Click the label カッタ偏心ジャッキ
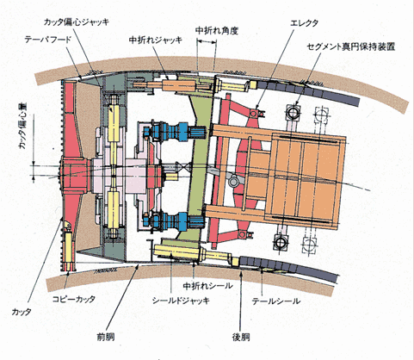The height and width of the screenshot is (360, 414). [x=77, y=22]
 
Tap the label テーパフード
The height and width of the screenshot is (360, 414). [x=47, y=40]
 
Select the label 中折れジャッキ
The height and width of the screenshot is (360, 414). [x=156, y=40]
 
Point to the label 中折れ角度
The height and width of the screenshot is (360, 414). [x=217, y=30]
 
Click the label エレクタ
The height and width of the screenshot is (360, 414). [x=304, y=23]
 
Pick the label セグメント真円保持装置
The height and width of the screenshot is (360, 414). [x=351, y=47]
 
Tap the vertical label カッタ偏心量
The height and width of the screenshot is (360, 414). [x=22, y=126]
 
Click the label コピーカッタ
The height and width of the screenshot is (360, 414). [x=74, y=300]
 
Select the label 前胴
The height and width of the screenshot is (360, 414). [x=106, y=337]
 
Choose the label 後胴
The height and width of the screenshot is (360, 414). [x=241, y=337]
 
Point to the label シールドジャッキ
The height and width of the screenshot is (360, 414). [x=181, y=301]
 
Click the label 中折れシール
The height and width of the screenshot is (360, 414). [x=207, y=286]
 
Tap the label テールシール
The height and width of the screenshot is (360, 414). [x=276, y=301]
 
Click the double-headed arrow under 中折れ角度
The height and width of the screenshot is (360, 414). [x=207, y=42]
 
